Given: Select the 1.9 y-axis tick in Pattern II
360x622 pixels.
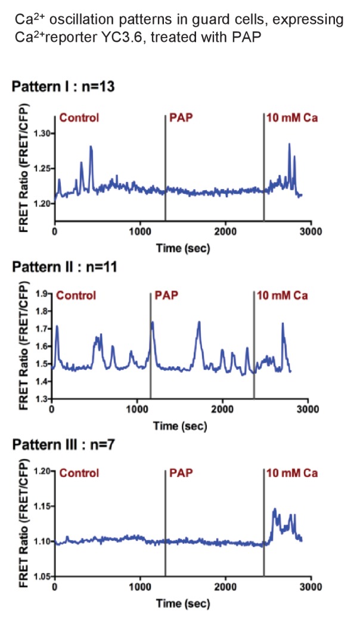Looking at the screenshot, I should tap(44, 294).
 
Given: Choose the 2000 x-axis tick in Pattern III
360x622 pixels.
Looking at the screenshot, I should tap(225, 587).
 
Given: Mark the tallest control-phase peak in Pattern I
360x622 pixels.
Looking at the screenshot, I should tap(91, 146).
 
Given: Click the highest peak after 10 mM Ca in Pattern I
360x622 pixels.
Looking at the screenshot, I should tap(289, 144).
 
